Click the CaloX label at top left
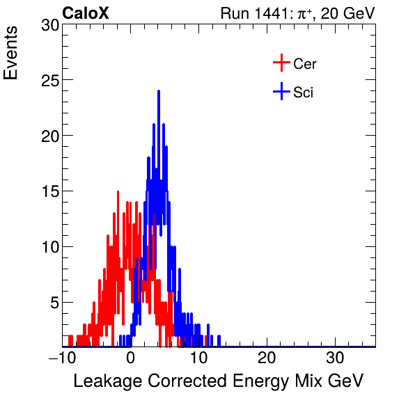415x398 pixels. pos(86,13)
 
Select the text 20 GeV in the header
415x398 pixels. pos(347,13)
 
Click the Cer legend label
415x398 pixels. pos(305,64)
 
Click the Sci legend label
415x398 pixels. pos(303,92)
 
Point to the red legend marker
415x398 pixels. pos(281,63)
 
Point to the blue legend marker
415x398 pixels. pos(281,91)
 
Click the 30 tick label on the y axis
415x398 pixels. pos(49,25)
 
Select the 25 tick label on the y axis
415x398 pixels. pos(49,81)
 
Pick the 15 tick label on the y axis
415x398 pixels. pos(49,191)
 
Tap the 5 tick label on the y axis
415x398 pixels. pos(53,303)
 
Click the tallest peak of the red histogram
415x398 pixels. pos(117,191)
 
